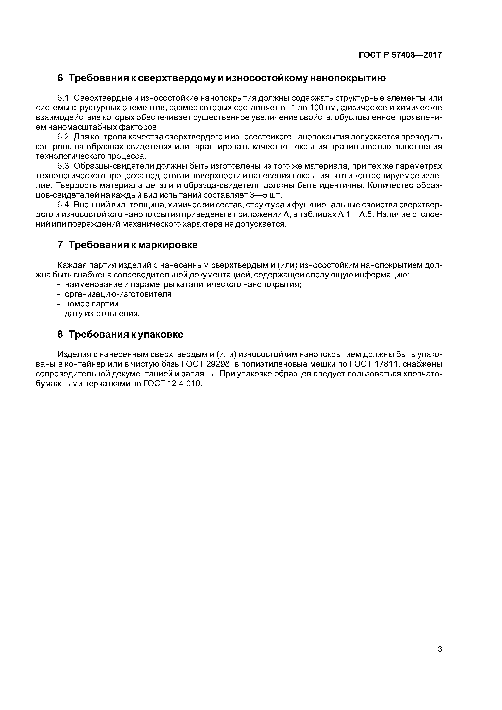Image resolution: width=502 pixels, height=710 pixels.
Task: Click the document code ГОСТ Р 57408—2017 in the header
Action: click(x=400, y=55)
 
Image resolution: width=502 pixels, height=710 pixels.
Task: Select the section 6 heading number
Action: click(x=60, y=78)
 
